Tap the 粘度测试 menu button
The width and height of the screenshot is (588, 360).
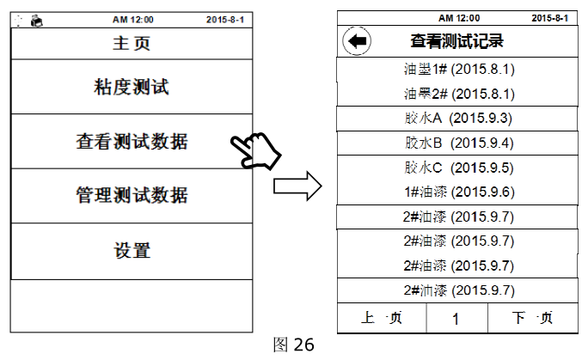132,87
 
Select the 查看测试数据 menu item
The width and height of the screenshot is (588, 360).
132,142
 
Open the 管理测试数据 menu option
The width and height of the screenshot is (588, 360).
132,196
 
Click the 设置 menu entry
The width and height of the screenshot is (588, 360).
132,251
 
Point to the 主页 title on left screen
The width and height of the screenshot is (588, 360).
132,41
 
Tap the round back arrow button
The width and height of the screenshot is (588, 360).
355,40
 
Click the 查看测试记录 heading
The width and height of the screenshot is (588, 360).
456,40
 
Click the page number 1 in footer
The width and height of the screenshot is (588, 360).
456,319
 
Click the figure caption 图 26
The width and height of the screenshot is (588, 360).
292,345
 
